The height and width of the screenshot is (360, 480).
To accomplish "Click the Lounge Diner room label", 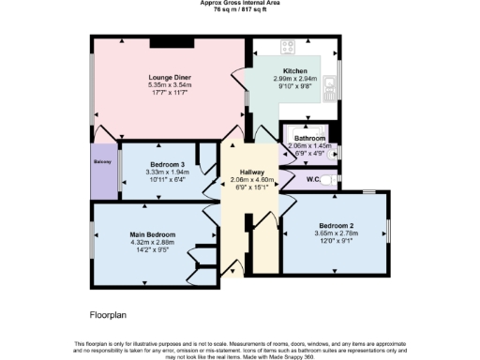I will pos(170,79).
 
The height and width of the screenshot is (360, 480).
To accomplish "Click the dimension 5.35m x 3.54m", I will pos(170,86).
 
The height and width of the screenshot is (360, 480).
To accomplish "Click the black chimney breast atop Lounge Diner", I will pos(171,43).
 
